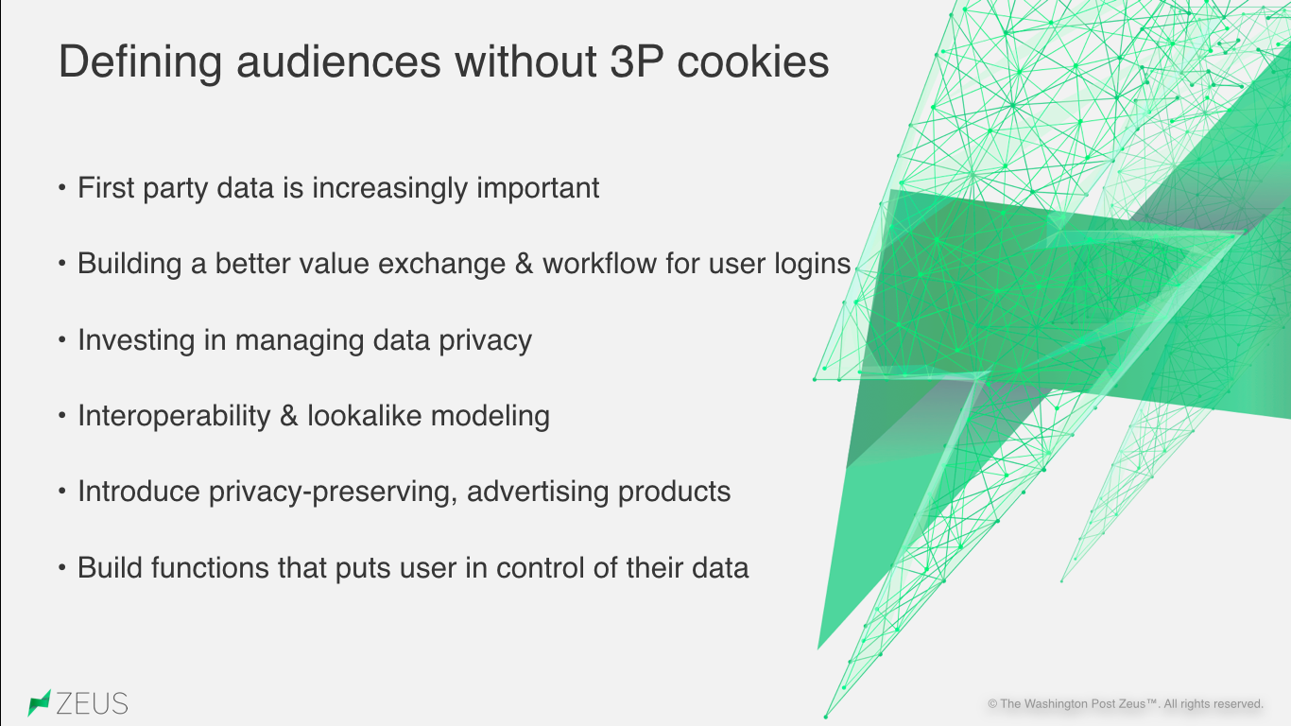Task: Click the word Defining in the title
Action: tap(140, 62)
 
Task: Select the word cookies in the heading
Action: tap(752, 60)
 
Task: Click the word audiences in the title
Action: tap(338, 60)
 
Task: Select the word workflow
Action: tap(599, 264)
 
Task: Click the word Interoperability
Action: tap(174, 416)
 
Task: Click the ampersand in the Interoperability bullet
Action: tap(288, 416)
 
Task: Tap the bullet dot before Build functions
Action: tap(62, 568)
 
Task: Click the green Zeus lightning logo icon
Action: tap(39, 703)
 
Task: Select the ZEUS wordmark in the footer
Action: tap(93, 703)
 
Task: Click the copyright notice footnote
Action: tap(1125, 704)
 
